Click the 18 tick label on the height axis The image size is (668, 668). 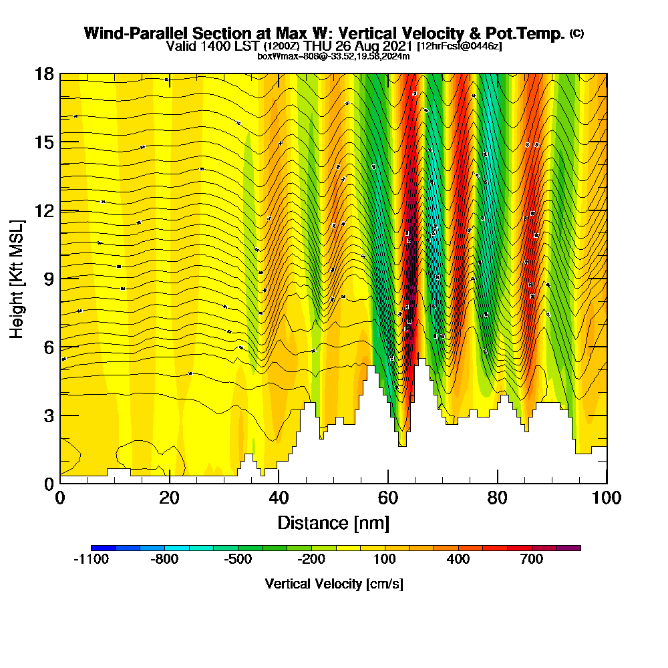[x=44, y=73]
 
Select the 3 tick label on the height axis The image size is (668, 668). [x=48, y=415]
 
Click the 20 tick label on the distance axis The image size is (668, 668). [x=170, y=498]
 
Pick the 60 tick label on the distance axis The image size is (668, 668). [x=388, y=498]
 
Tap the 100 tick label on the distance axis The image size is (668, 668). [x=606, y=498]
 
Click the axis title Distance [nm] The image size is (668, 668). [x=333, y=522]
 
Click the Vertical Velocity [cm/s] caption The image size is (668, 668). [x=334, y=584]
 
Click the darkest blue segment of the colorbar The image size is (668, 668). [x=104, y=548]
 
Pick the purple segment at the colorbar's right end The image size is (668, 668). [x=568, y=548]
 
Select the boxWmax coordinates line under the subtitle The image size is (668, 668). [x=333, y=56]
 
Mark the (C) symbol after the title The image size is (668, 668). [x=576, y=33]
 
